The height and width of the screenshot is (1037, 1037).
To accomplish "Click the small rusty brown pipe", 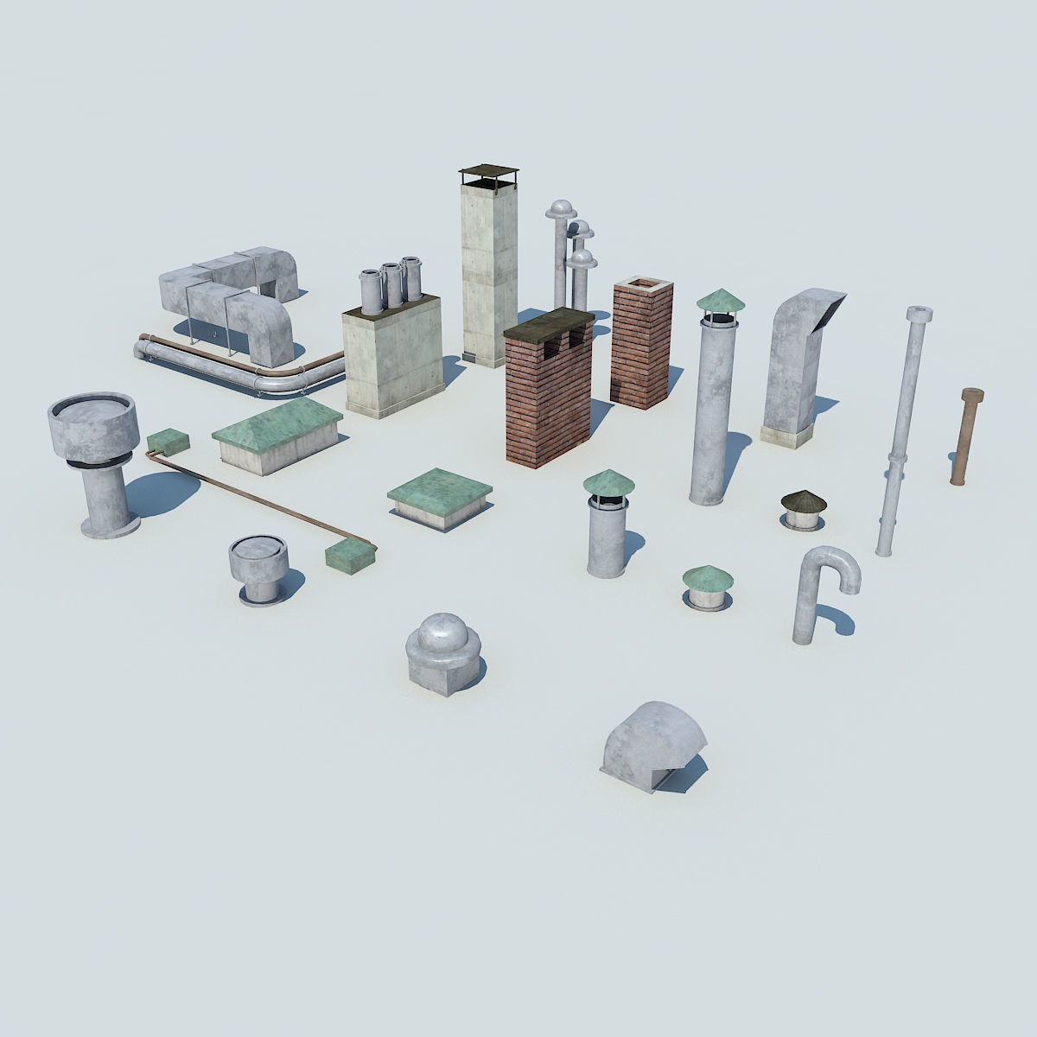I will click(967, 436).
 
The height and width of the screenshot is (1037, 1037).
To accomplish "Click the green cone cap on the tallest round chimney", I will click(720, 301).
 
